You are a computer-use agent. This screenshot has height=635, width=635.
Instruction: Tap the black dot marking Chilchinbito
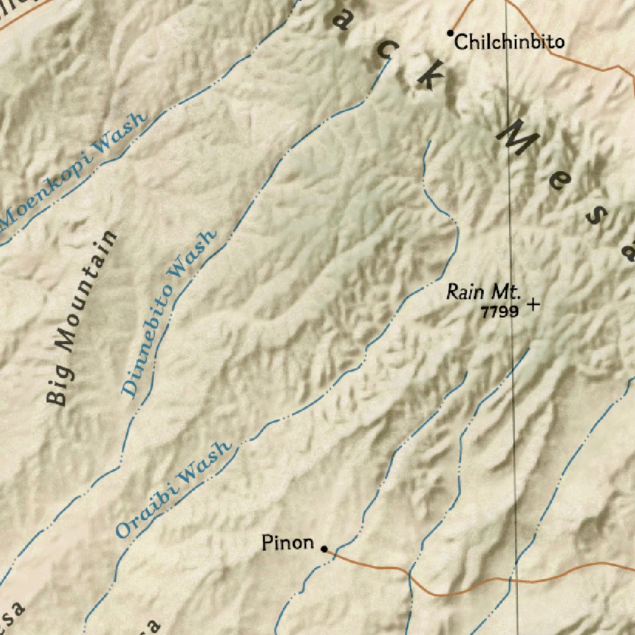[x=451, y=33]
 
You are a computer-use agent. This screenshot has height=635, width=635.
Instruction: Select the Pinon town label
[x=288, y=543]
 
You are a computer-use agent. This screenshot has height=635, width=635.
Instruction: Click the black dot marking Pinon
[x=324, y=548]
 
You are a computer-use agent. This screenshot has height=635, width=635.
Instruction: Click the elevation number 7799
[x=499, y=312]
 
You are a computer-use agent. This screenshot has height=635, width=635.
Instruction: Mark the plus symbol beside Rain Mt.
[x=532, y=304]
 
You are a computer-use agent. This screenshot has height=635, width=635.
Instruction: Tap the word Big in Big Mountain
[x=60, y=388]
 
